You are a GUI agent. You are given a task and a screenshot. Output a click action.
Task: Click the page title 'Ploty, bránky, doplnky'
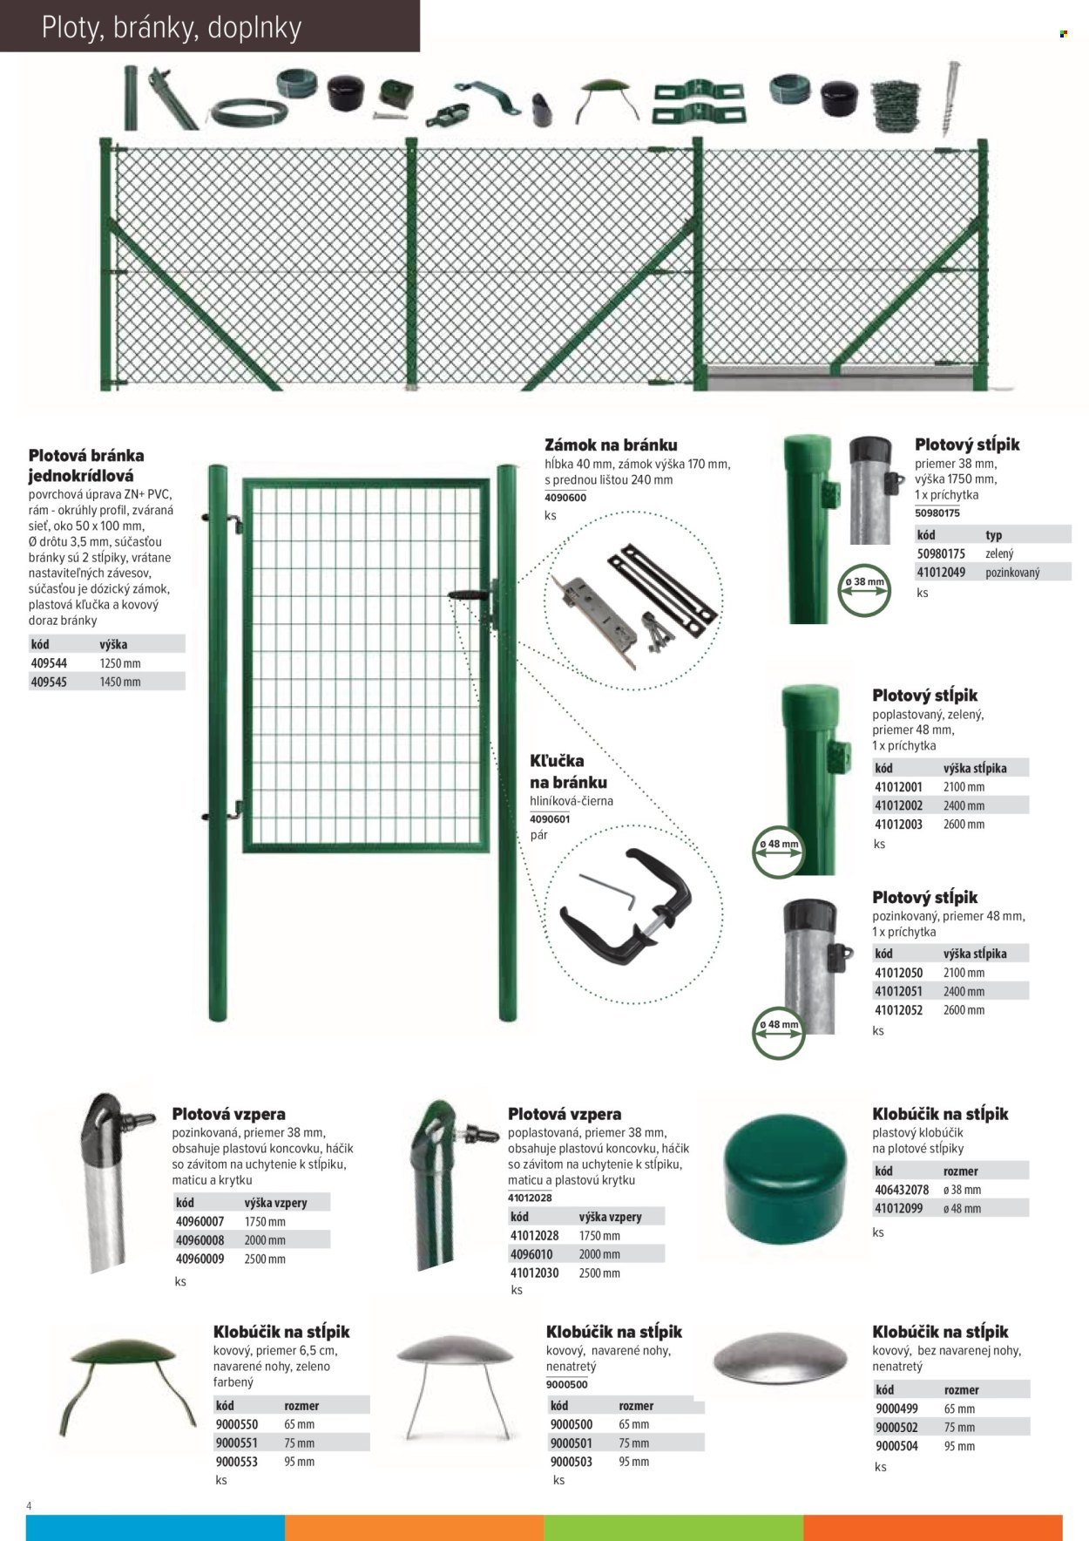coord(172,28)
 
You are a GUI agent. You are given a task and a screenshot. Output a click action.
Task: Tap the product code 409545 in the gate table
coord(49,682)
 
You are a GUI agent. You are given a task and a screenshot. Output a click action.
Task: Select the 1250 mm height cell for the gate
coord(120,663)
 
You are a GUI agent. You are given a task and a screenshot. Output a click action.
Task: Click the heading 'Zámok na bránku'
coord(611,445)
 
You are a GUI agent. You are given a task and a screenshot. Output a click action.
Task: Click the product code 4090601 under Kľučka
coord(550,818)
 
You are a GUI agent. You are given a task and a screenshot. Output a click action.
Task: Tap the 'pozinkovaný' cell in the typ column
coord(1012,573)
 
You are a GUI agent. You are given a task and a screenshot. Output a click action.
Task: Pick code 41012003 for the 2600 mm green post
coord(898,825)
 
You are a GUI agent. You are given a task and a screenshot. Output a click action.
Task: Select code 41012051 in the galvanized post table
coord(898,992)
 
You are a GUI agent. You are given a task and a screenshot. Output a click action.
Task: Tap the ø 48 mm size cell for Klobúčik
coord(962,1209)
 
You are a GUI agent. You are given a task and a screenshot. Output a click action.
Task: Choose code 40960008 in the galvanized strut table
coord(200,1240)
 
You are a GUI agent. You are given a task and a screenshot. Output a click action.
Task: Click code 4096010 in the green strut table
coord(531,1254)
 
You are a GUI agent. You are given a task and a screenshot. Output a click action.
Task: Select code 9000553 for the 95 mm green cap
coord(237,1462)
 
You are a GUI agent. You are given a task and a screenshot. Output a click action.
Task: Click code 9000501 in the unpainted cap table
coord(571,1443)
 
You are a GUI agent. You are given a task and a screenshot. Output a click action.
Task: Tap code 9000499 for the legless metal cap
coord(896,1409)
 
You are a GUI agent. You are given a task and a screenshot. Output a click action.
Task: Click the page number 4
coord(30,1506)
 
